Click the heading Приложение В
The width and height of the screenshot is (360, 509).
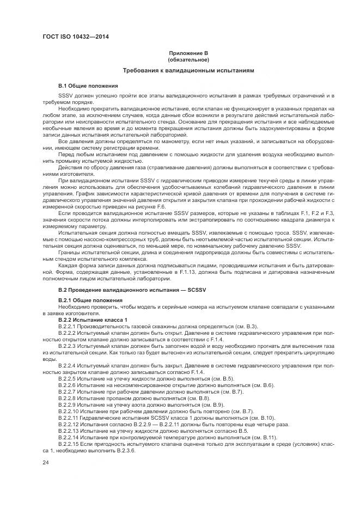point(180,53)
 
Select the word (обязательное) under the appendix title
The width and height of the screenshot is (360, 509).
point(180,59)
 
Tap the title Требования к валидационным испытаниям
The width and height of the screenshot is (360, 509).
point(180,71)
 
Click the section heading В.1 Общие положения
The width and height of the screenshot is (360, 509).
point(87,86)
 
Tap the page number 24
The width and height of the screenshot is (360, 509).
point(45,463)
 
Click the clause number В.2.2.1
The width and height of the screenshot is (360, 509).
point(68,325)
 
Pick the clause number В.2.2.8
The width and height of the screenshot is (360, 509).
point(68,398)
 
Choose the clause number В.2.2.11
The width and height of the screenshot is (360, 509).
point(69,418)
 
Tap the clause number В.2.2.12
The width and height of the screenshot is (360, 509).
point(69,424)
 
